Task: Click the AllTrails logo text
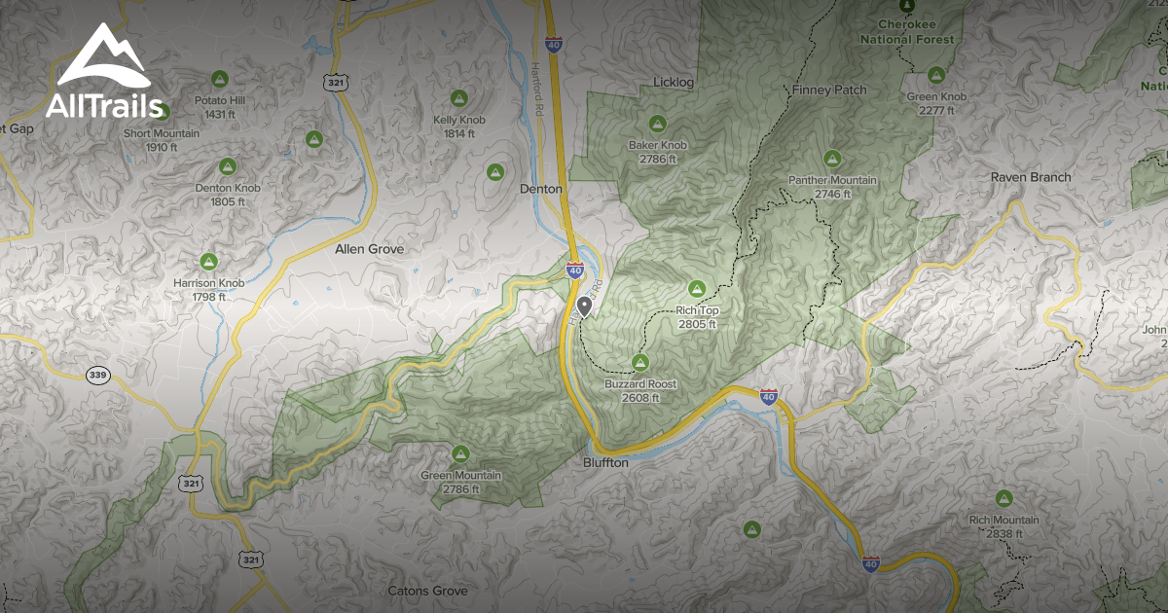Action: click(x=104, y=106)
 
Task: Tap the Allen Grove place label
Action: click(x=369, y=249)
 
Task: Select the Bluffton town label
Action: click(x=606, y=463)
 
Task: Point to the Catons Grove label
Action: click(x=427, y=591)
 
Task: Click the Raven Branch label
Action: click(x=1031, y=177)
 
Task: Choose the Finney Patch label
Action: click(x=829, y=90)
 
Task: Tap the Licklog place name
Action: click(x=674, y=83)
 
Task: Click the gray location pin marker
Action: click(x=585, y=307)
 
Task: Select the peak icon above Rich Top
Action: click(x=697, y=288)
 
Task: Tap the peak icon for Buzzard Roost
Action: click(x=640, y=362)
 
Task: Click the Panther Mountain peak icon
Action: click(x=832, y=159)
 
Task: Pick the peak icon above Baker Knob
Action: click(x=657, y=124)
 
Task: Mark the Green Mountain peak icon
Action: click(x=460, y=453)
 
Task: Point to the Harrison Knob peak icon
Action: click(x=208, y=261)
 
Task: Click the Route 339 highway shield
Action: click(x=96, y=376)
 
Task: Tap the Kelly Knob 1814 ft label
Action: click(x=458, y=126)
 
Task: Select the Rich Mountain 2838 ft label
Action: click(x=1004, y=526)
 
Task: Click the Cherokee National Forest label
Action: click(x=907, y=33)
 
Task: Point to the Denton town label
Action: click(x=541, y=189)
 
